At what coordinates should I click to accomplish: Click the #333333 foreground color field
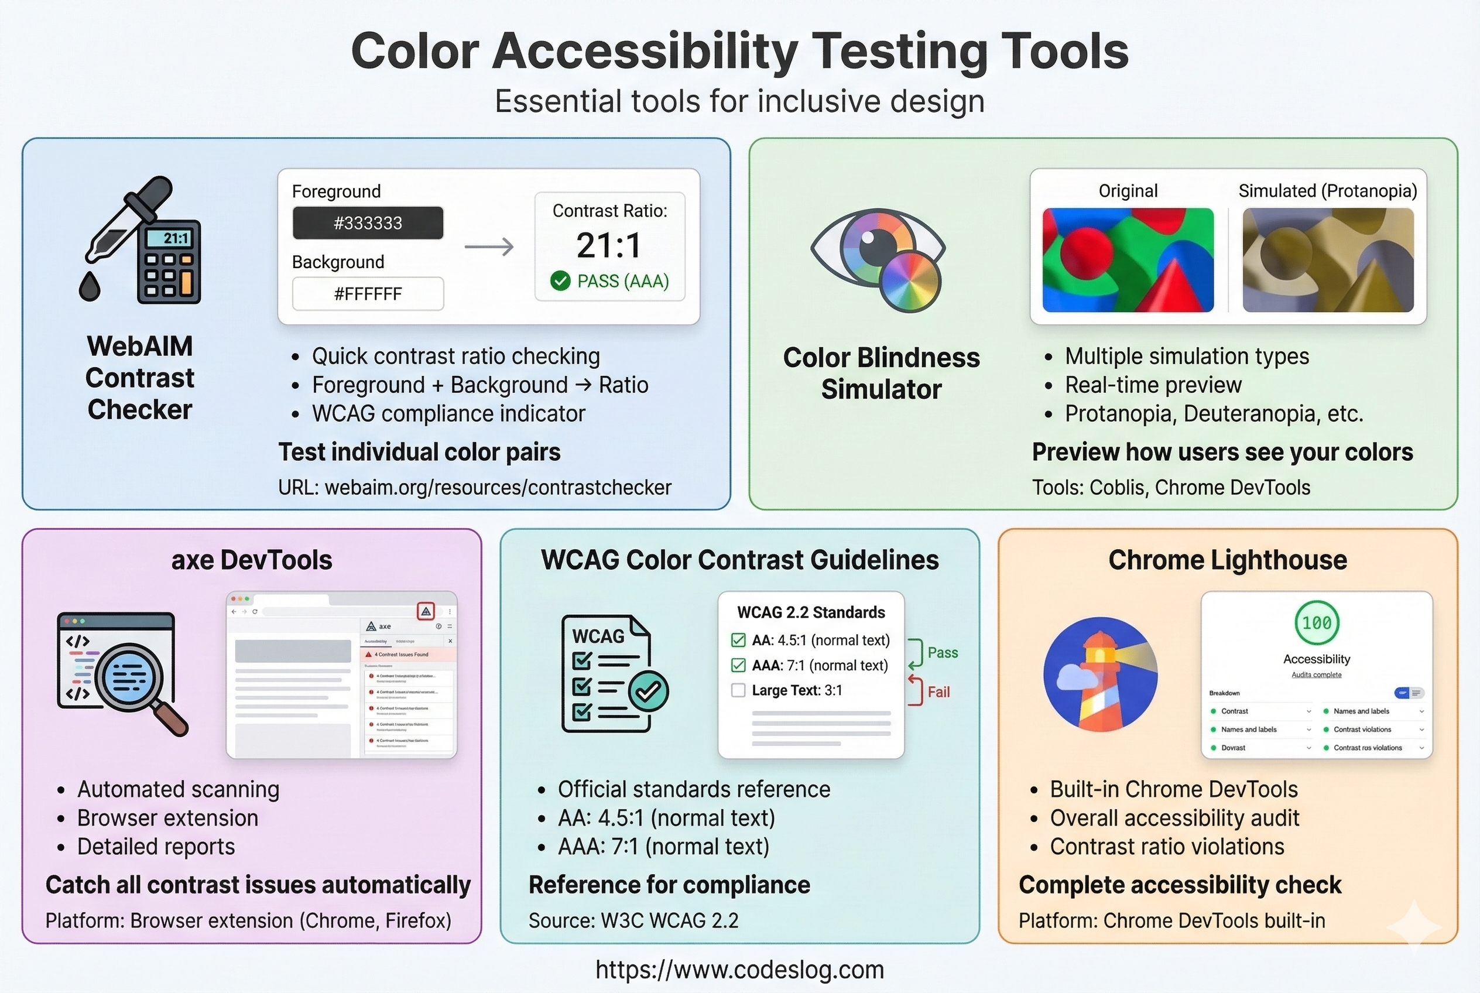[367, 223]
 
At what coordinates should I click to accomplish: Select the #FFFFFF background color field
[367, 294]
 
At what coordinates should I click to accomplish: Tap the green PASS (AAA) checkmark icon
[560, 280]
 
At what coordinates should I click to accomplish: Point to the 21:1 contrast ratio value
[609, 245]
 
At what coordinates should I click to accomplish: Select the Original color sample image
[1128, 259]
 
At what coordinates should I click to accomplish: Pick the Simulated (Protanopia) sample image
[1328, 259]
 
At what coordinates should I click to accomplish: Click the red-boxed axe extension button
[426, 611]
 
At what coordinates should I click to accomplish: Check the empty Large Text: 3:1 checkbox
[738, 690]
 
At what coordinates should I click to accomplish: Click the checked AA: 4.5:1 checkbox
[738, 641]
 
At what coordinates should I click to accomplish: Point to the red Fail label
[938, 691]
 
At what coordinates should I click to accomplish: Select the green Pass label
[943, 652]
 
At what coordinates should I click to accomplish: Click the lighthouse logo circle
[1100, 674]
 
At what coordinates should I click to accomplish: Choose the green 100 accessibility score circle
[1316, 623]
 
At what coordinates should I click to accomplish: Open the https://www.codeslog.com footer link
[739, 970]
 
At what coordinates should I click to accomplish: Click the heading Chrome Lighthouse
[1227, 560]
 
